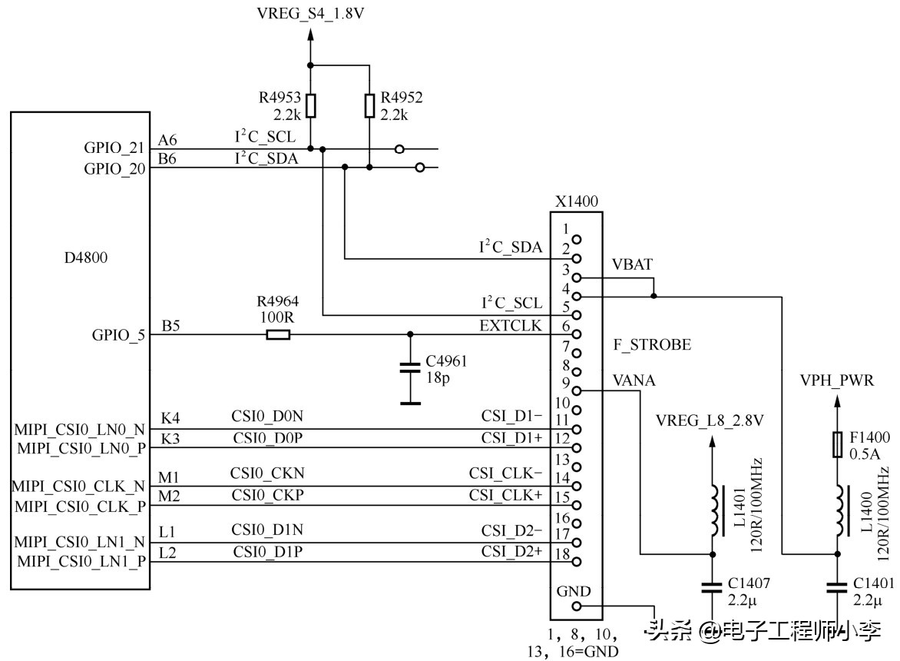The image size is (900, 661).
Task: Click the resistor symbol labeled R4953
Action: point(310,105)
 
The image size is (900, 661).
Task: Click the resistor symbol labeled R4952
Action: point(369,105)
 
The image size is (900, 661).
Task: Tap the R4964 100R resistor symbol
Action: point(278,334)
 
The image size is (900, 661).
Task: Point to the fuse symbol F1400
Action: point(837,445)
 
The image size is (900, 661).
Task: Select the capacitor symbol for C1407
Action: point(713,588)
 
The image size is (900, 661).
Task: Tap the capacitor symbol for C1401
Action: point(837,588)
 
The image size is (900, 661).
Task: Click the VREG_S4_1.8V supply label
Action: point(311,13)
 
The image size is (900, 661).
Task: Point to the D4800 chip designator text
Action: point(85,257)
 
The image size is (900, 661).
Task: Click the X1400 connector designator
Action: point(576,202)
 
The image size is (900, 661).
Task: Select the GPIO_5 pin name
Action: point(117,335)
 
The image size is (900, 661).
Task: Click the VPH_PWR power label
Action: point(836,380)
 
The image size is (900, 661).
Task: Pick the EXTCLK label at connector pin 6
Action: point(510,326)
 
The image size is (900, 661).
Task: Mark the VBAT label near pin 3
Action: point(632,265)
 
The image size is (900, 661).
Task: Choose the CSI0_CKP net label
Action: point(268,495)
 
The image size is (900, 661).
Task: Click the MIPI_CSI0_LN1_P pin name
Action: point(81,561)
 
